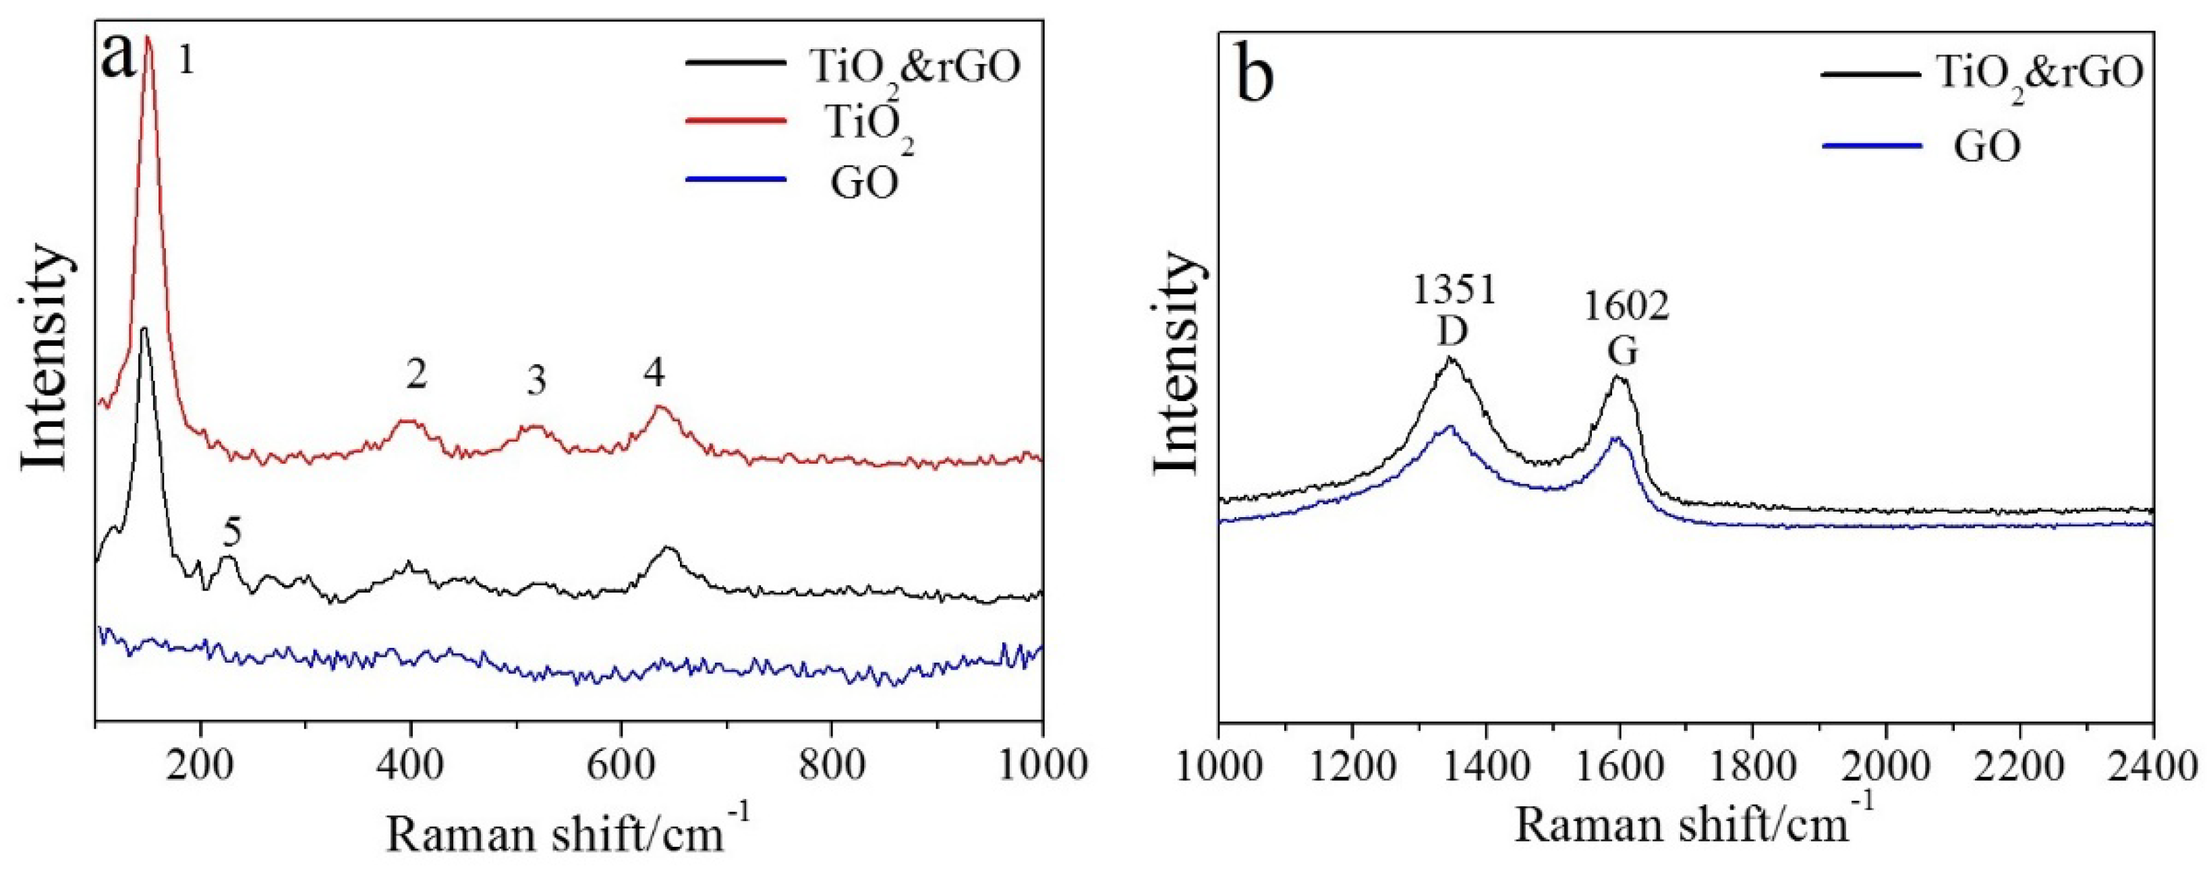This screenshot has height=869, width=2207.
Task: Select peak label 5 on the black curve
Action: pyautogui.click(x=232, y=533)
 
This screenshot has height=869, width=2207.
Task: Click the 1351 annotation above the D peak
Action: pyautogui.click(x=1454, y=291)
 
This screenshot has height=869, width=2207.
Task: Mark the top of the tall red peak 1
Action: pyautogui.click(x=148, y=38)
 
